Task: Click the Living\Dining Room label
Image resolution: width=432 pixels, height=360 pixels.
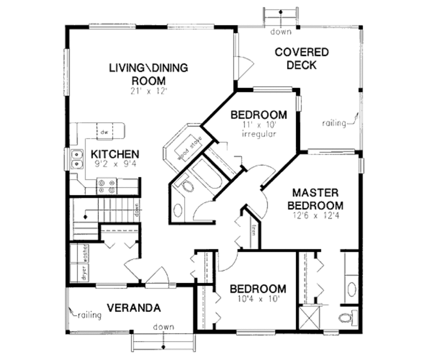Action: click(148, 74)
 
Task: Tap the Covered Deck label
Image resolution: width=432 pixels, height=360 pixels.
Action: click(302, 59)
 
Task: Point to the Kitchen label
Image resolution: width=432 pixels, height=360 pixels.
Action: click(115, 154)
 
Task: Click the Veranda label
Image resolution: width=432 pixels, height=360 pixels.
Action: click(133, 308)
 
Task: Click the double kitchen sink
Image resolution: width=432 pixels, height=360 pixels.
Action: click(77, 158)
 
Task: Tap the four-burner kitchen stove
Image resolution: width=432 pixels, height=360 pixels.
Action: click(107, 186)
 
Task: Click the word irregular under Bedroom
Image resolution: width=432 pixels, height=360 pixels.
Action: click(259, 134)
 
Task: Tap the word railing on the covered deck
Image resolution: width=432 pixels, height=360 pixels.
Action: click(334, 123)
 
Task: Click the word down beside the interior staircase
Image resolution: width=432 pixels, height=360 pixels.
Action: click(137, 209)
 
